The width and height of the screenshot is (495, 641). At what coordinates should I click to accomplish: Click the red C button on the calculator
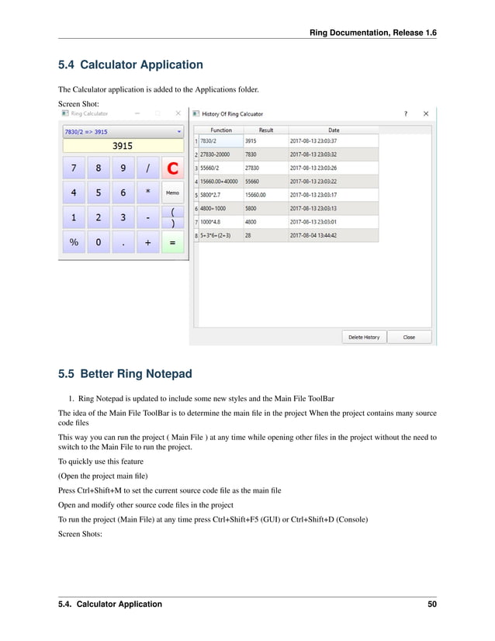[172, 168]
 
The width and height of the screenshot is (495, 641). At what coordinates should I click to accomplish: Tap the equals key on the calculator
[172, 242]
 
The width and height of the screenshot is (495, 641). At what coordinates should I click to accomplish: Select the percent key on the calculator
[74, 242]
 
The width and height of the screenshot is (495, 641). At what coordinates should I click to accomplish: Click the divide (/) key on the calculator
[147, 168]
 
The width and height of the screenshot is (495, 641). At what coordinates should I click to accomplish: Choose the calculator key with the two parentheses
[172, 217]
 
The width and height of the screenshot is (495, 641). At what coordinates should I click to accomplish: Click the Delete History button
[364, 337]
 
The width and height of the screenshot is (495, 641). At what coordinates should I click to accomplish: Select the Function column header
[220, 130]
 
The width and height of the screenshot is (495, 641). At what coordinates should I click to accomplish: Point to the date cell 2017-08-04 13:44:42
[313, 234]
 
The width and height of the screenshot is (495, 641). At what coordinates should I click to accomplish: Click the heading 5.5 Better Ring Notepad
[125, 374]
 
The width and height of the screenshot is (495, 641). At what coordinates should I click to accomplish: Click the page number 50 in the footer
[431, 604]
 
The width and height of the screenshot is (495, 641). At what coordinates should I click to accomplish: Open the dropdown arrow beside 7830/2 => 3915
[179, 131]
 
